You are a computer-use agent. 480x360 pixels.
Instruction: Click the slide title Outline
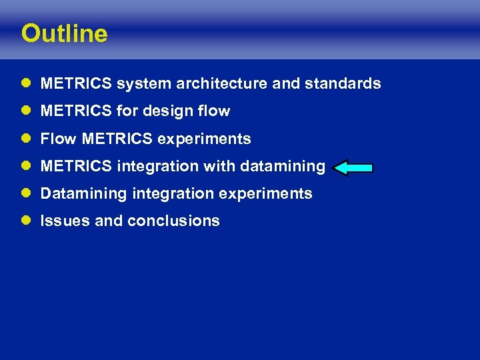[x=64, y=34]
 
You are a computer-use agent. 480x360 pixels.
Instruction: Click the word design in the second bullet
[x=177, y=111]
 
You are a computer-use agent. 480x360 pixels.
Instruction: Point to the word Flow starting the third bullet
[x=59, y=139]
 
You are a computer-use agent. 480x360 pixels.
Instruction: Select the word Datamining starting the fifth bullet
[x=83, y=193]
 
